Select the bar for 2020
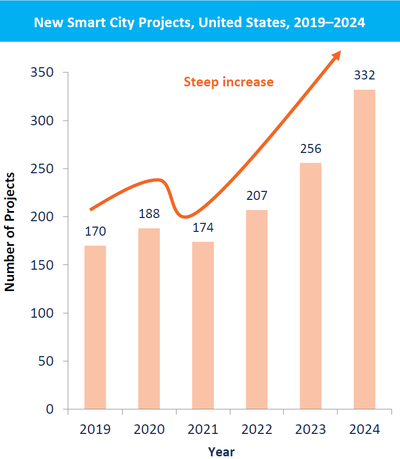coord(149,318)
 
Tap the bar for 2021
coord(203,325)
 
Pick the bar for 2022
coord(257,309)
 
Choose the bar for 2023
coord(310,286)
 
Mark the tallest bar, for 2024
coord(364,249)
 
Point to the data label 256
coord(310,149)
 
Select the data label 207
coord(257,196)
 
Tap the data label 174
coord(203,228)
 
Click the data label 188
coord(149,214)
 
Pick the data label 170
coord(95,231)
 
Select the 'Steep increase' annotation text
coord(228,82)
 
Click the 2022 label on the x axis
coord(257,430)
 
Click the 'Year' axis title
coord(221,452)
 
